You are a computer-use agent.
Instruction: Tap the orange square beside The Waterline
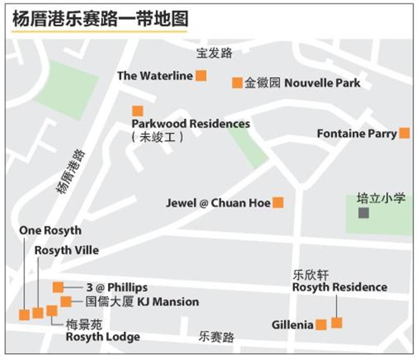pyautogui.click(x=201, y=76)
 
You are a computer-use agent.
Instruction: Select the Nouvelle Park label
pyautogui.click(x=322, y=83)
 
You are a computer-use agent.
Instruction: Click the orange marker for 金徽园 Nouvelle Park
pyautogui.click(x=237, y=83)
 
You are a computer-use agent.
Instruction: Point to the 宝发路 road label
pyautogui.click(x=214, y=53)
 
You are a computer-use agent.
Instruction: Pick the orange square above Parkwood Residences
pyautogui.click(x=137, y=111)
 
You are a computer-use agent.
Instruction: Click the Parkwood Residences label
pyautogui.click(x=191, y=124)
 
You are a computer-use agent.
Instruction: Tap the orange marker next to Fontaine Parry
pyautogui.click(x=404, y=133)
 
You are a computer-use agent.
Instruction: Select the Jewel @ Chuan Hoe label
pyautogui.click(x=218, y=203)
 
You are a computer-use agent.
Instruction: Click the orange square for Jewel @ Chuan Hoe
pyautogui.click(x=278, y=203)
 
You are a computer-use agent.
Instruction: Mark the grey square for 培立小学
pyautogui.click(x=363, y=213)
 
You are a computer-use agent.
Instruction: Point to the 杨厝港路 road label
pyautogui.click(x=70, y=171)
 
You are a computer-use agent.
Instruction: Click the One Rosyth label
pyautogui.click(x=50, y=230)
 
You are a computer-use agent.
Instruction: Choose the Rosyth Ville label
pyautogui.click(x=66, y=250)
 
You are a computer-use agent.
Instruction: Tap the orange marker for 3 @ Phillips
pyautogui.click(x=58, y=287)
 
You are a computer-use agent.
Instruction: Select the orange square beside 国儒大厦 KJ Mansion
pyautogui.click(x=66, y=301)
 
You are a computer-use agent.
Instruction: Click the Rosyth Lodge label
pyautogui.click(x=102, y=337)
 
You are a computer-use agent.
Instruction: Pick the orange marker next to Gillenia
pyautogui.click(x=321, y=325)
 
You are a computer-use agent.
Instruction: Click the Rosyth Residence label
pyautogui.click(x=340, y=287)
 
